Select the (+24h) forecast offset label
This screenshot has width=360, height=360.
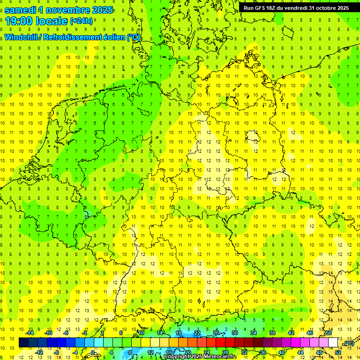coord(81,22)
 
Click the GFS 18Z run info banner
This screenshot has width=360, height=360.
coord(296,8)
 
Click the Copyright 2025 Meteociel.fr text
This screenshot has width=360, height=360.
coord(200,357)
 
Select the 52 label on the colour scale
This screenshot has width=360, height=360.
coord(337,352)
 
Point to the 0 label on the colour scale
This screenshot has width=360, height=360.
coord(93,352)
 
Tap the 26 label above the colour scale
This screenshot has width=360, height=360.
coord(216,333)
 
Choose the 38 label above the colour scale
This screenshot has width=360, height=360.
coord(272,333)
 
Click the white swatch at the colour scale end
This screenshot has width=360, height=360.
coord(333,343)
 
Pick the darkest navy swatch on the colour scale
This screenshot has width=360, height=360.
coord(23,343)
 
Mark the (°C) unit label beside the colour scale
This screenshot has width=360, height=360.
coord(348,343)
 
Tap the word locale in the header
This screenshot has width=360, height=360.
coord(51,21)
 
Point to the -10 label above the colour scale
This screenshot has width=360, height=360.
coord(48,333)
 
